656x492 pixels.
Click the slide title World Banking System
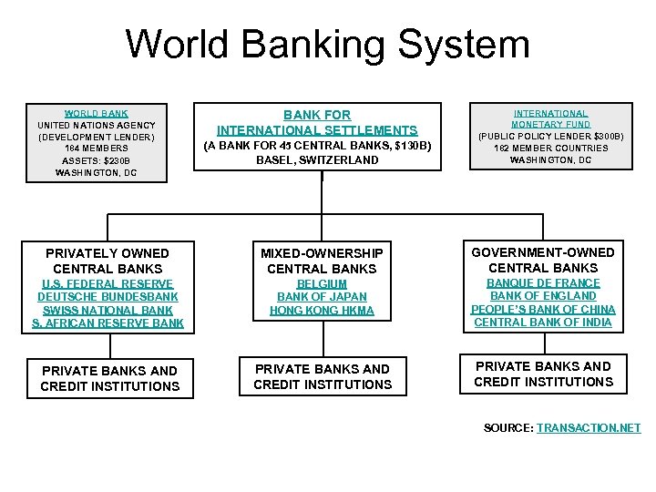327,44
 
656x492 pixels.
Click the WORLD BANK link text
97,113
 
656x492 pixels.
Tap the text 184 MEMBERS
97,149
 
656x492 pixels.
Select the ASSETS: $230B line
97,160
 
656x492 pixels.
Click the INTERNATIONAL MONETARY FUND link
550,118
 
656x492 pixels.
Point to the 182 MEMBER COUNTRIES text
550,149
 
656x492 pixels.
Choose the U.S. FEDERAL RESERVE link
108,284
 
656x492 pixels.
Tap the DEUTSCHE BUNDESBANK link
108,297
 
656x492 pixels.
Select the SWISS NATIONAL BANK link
108,310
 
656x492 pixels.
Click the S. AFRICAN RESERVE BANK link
108,323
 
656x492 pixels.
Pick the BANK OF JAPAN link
322,297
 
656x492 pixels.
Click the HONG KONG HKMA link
322,311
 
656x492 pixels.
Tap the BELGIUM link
322,284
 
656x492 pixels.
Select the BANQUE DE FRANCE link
543,283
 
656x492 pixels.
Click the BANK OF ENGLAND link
543,296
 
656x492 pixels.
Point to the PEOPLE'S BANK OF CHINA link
543,309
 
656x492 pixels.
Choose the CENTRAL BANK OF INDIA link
543,322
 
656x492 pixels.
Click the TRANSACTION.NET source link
589,427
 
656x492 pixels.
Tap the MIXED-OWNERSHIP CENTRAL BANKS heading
322,261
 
